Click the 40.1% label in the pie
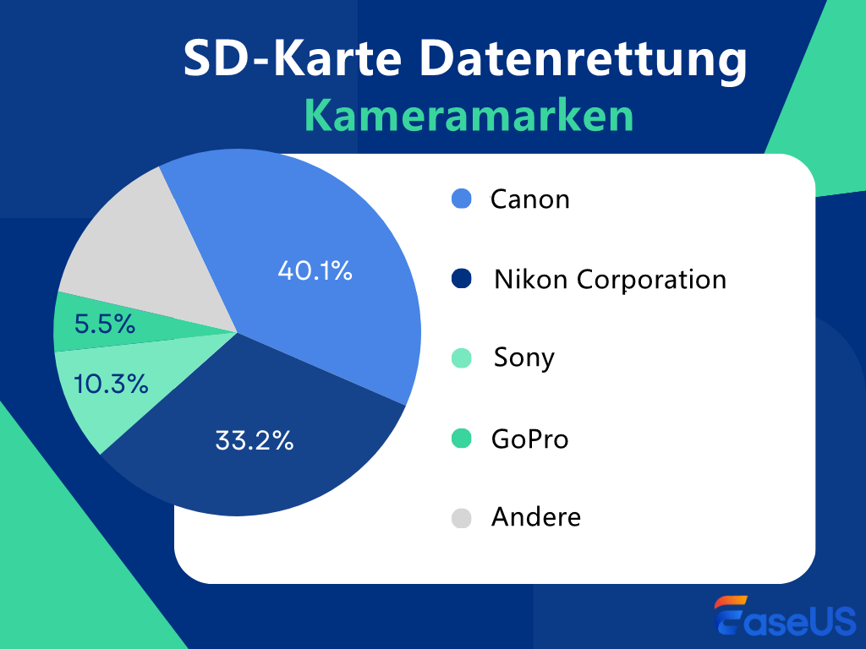click(315, 271)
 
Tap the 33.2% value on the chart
click(254, 440)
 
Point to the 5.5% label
click(105, 324)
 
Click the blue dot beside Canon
click(461, 200)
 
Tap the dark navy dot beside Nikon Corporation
click(461, 280)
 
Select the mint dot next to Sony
click(461, 358)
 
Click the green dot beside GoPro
click(461, 439)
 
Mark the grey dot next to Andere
click(461, 518)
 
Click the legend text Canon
click(530, 200)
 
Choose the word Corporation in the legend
click(651, 280)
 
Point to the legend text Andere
click(536, 517)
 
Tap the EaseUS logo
click(784, 615)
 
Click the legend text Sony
click(524, 358)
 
